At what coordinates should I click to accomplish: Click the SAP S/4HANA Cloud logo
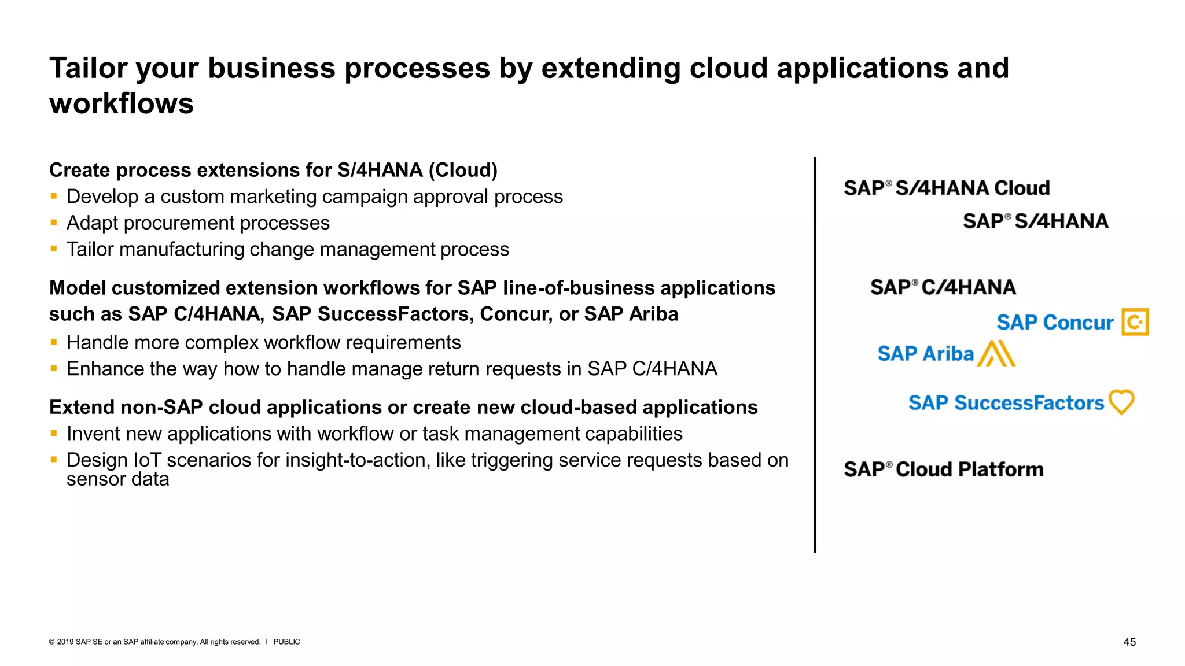pos(947,188)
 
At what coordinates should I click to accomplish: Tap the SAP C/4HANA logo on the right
pos(943,287)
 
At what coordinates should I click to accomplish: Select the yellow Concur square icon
pos(1135,322)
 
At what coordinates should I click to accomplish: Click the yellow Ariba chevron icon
pos(996,353)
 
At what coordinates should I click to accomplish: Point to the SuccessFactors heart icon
pos(1121,402)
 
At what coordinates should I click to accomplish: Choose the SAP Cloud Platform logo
pos(943,469)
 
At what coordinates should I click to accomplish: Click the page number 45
pos(1129,642)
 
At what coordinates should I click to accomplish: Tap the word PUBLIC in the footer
pos(286,642)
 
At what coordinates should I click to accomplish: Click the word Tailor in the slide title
pos(88,68)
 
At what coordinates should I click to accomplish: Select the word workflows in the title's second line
pos(122,104)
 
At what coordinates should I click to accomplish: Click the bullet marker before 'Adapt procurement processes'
pos(54,223)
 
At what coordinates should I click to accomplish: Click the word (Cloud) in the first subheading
pos(463,171)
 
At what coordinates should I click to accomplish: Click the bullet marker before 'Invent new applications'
pos(54,434)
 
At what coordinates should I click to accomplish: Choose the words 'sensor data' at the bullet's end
pos(117,479)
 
